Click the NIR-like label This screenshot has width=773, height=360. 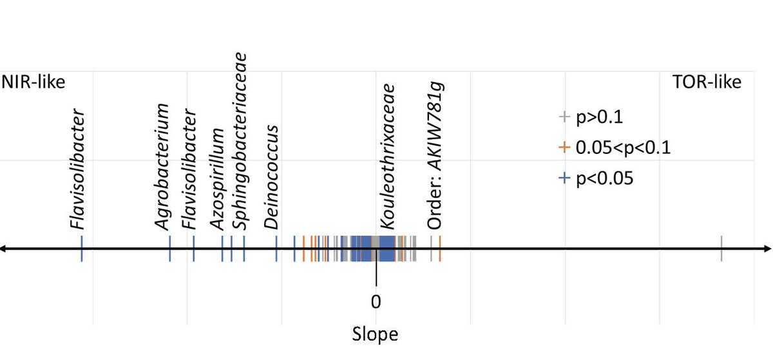33,82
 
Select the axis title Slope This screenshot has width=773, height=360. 375,335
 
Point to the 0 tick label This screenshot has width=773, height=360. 376,301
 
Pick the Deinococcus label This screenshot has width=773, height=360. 272,177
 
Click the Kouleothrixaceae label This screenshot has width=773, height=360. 386,155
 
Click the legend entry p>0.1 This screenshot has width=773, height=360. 591,117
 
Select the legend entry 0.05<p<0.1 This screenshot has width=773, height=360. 616,148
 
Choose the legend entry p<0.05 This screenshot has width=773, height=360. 597,179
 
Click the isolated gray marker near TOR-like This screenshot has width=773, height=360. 721,249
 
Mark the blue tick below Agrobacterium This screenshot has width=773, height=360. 169,249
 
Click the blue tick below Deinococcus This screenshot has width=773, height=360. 276,249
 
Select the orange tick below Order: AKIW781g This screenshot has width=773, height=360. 440,249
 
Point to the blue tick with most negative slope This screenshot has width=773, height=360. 82,249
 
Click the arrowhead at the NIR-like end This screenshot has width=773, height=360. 4,249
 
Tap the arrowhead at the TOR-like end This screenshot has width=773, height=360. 768,249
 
